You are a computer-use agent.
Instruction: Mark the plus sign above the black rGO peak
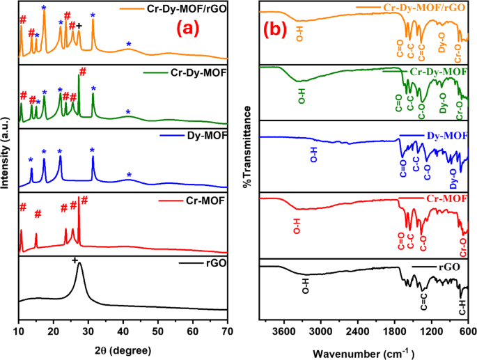click(x=75, y=260)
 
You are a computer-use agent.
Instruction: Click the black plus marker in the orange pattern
click(x=79, y=25)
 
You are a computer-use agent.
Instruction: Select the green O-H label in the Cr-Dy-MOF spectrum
click(x=302, y=95)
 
